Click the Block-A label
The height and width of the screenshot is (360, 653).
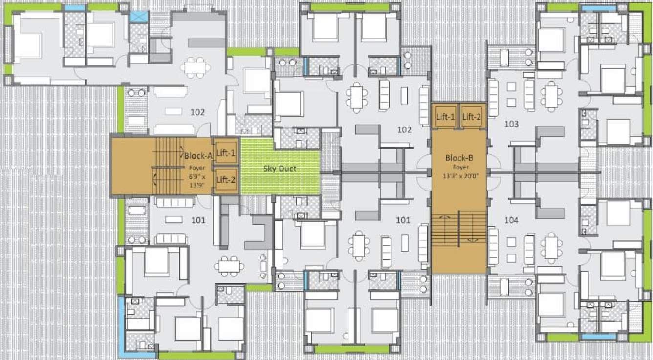pyautogui.click(x=197, y=156)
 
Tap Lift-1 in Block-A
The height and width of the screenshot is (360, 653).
pyautogui.click(x=226, y=153)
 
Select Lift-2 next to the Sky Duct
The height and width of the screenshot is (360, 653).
pyautogui.click(x=226, y=180)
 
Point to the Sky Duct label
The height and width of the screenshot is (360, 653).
pyautogui.click(x=280, y=169)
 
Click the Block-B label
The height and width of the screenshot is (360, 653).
pyautogui.click(x=458, y=158)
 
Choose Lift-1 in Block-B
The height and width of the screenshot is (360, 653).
pyautogui.click(x=445, y=117)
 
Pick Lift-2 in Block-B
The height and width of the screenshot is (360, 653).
pyautogui.click(x=472, y=117)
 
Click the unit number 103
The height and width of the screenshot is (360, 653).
pyautogui.click(x=511, y=124)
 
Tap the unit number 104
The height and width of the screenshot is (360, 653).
pyautogui.click(x=511, y=220)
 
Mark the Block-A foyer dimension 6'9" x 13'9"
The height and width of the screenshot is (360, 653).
pyautogui.click(x=198, y=181)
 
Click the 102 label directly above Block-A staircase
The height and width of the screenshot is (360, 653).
pyautogui.click(x=197, y=112)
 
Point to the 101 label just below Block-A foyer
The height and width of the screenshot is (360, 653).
pyautogui.click(x=198, y=220)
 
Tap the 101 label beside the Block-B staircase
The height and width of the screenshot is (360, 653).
pyautogui.click(x=403, y=220)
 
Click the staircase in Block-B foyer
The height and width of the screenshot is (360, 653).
pyautogui.click(x=458, y=229)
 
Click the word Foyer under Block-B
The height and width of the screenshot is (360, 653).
pyautogui.click(x=458, y=168)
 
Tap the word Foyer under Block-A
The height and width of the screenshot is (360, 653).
pyautogui.click(x=198, y=168)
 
